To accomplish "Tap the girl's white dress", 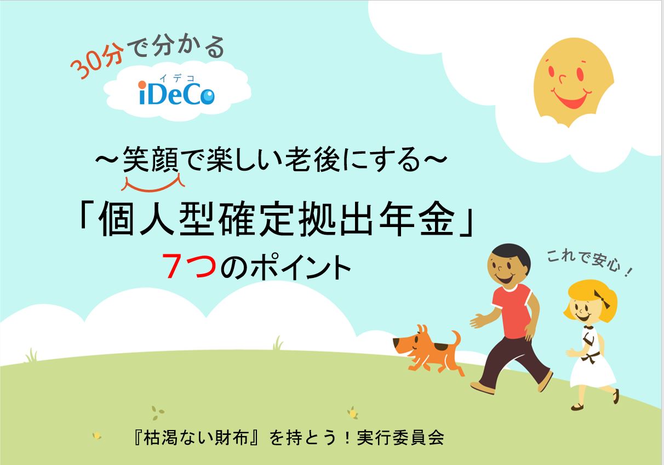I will point(593,367).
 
